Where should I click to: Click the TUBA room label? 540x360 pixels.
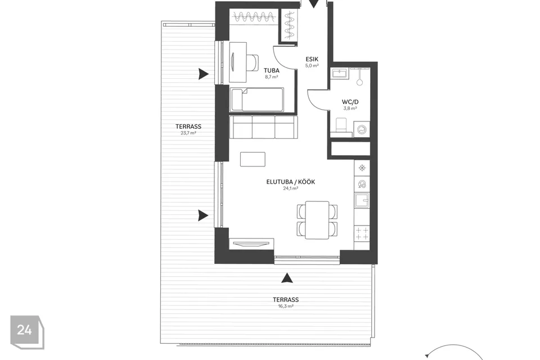click(272, 70)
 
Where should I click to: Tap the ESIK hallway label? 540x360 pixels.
click(312, 59)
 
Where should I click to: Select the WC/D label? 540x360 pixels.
click(350, 102)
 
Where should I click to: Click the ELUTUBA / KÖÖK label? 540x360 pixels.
click(291, 182)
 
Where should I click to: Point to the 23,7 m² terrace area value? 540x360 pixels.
click(188, 133)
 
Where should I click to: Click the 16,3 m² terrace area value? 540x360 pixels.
click(286, 306)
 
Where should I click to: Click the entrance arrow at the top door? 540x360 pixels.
click(313, 4)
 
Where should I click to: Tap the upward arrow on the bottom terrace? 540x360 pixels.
click(286, 278)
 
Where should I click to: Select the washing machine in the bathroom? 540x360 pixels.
click(362, 130)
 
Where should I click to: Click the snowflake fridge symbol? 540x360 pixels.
click(362, 168)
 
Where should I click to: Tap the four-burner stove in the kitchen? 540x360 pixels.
click(362, 233)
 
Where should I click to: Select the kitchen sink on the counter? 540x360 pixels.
click(362, 200)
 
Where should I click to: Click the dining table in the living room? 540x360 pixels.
click(317, 220)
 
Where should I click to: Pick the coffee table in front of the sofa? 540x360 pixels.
click(253, 159)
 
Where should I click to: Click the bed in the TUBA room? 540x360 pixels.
click(257, 100)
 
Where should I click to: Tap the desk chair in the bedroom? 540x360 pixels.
click(254, 62)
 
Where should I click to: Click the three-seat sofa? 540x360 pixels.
click(263, 127)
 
